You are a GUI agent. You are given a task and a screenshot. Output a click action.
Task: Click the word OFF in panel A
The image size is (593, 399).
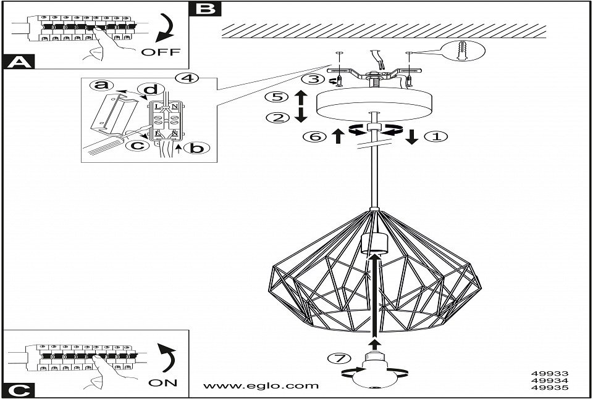[161, 52]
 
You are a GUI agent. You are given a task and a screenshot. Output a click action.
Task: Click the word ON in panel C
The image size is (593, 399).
[163, 382]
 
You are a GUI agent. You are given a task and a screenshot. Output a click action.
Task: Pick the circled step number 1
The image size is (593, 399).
[436, 136]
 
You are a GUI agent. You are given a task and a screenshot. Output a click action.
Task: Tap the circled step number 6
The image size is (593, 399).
[313, 136]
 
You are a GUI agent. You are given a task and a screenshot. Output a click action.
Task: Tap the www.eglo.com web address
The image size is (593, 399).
[261, 386]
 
